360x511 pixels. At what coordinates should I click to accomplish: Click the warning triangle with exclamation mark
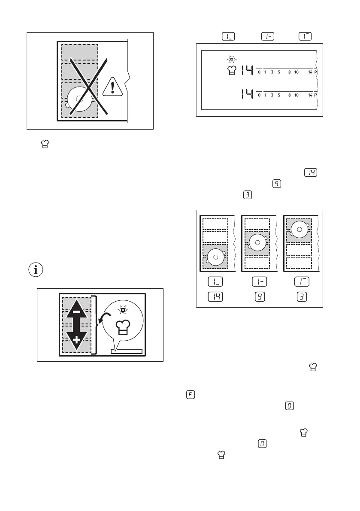tap(112, 87)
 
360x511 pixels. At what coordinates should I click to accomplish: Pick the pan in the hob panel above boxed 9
tap(257, 243)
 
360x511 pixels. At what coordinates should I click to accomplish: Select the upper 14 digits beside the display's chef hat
tap(247, 70)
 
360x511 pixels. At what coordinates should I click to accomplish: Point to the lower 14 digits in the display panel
tap(247, 93)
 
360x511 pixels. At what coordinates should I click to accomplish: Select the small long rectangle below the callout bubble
tap(126, 351)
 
